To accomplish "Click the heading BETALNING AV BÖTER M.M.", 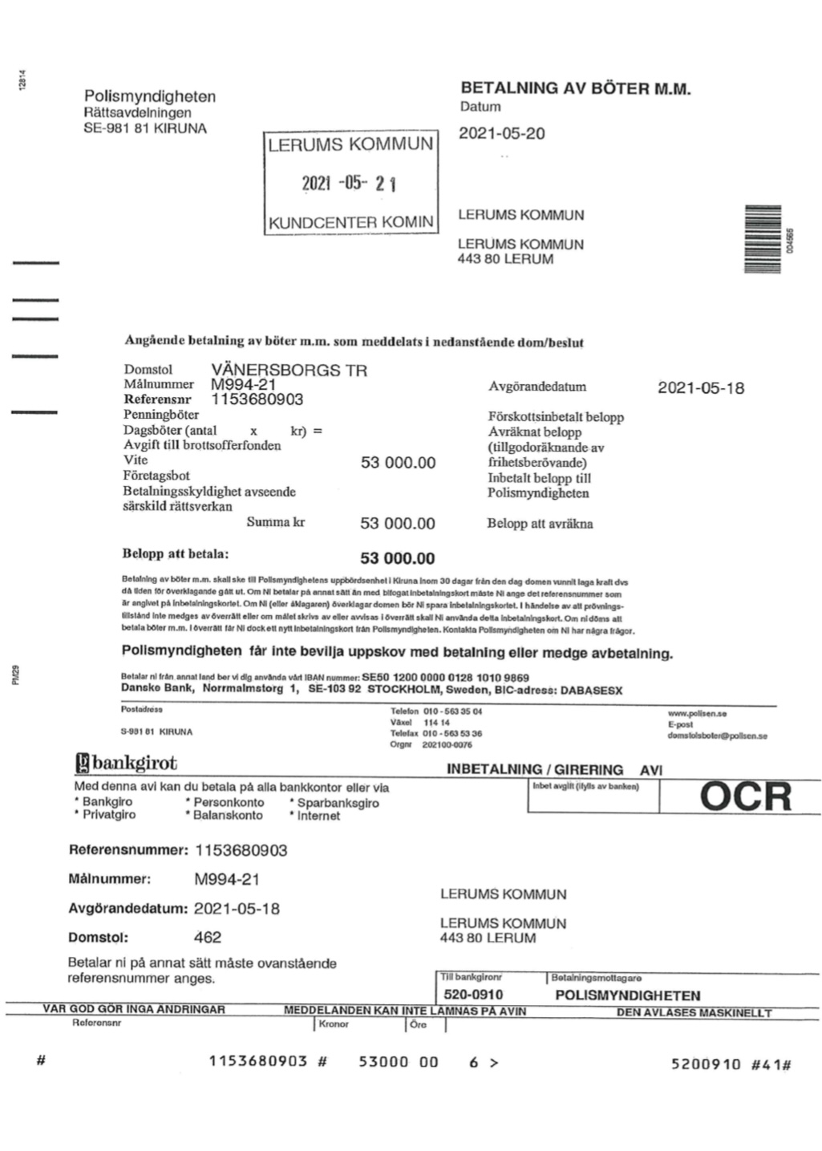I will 575,88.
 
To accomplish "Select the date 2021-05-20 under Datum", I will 501,134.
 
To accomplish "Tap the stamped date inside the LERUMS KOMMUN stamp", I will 349,184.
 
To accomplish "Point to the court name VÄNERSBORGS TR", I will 289,370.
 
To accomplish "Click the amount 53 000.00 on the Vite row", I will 398,463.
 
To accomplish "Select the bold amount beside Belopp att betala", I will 398,558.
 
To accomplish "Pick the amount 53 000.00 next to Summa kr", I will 398,524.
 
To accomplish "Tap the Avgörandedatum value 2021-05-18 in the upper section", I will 700,388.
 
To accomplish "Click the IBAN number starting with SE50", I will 445,678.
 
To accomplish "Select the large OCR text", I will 745,796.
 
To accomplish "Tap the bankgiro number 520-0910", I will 473,995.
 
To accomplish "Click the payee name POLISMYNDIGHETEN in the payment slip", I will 627,995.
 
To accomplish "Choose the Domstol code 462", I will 208,937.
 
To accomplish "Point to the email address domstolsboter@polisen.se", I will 717,736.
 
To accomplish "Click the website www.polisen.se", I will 697,713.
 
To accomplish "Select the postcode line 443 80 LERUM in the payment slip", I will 488,938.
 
